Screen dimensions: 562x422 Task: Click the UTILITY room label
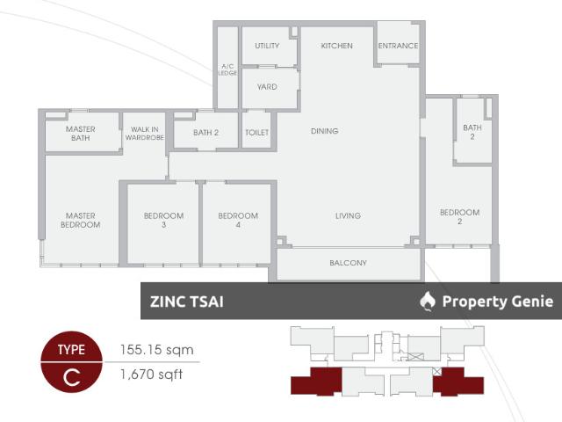point(267,46)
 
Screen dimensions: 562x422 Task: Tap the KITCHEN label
point(336,46)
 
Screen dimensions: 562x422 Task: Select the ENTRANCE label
point(398,46)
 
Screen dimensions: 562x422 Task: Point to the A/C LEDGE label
point(227,69)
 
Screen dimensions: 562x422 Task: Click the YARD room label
point(267,87)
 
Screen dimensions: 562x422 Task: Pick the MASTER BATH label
point(81,134)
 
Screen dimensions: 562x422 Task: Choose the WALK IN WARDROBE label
point(144,133)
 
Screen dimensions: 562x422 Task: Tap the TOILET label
point(257,133)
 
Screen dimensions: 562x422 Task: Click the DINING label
point(325,131)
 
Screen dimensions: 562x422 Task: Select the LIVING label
point(348,215)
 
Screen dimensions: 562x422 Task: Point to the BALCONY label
point(348,263)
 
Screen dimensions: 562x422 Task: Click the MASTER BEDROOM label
point(81,221)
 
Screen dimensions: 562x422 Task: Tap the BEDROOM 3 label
point(164,221)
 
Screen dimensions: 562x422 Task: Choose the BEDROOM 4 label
point(238,221)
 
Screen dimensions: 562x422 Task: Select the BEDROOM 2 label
point(460,217)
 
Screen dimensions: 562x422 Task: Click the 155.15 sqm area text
point(156,350)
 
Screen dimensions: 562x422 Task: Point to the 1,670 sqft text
point(151,375)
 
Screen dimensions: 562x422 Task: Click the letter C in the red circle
point(72,377)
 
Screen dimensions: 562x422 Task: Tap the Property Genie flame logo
point(428,301)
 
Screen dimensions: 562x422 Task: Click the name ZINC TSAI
point(187,302)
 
